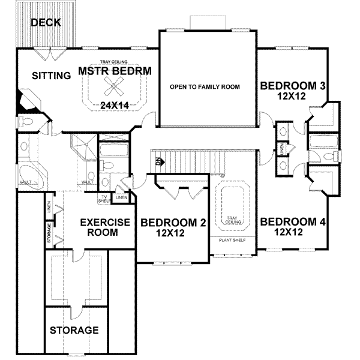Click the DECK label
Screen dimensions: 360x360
click(x=46, y=23)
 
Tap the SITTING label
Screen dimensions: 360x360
click(x=50, y=76)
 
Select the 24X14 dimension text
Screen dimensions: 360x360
click(x=115, y=106)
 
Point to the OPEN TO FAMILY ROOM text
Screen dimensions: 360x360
click(x=205, y=87)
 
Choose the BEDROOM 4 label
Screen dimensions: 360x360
click(x=293, y=221)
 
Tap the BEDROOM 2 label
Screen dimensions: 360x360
click(x=173, y=223)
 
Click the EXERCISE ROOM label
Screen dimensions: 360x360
click(x=105, y=227)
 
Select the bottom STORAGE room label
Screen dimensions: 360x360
click(x=74, y=331)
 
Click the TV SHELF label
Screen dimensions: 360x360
click(x=104, y=199)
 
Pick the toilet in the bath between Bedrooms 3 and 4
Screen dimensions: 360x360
click(x=324, y=157)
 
